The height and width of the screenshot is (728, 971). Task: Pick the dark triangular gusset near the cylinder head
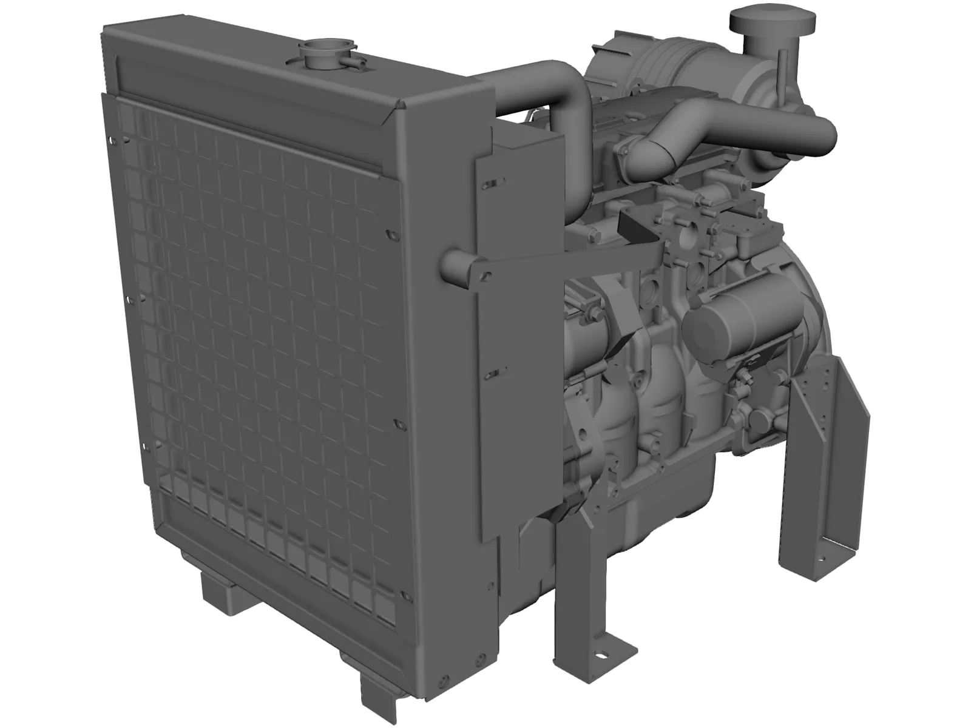tap(634, 227)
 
